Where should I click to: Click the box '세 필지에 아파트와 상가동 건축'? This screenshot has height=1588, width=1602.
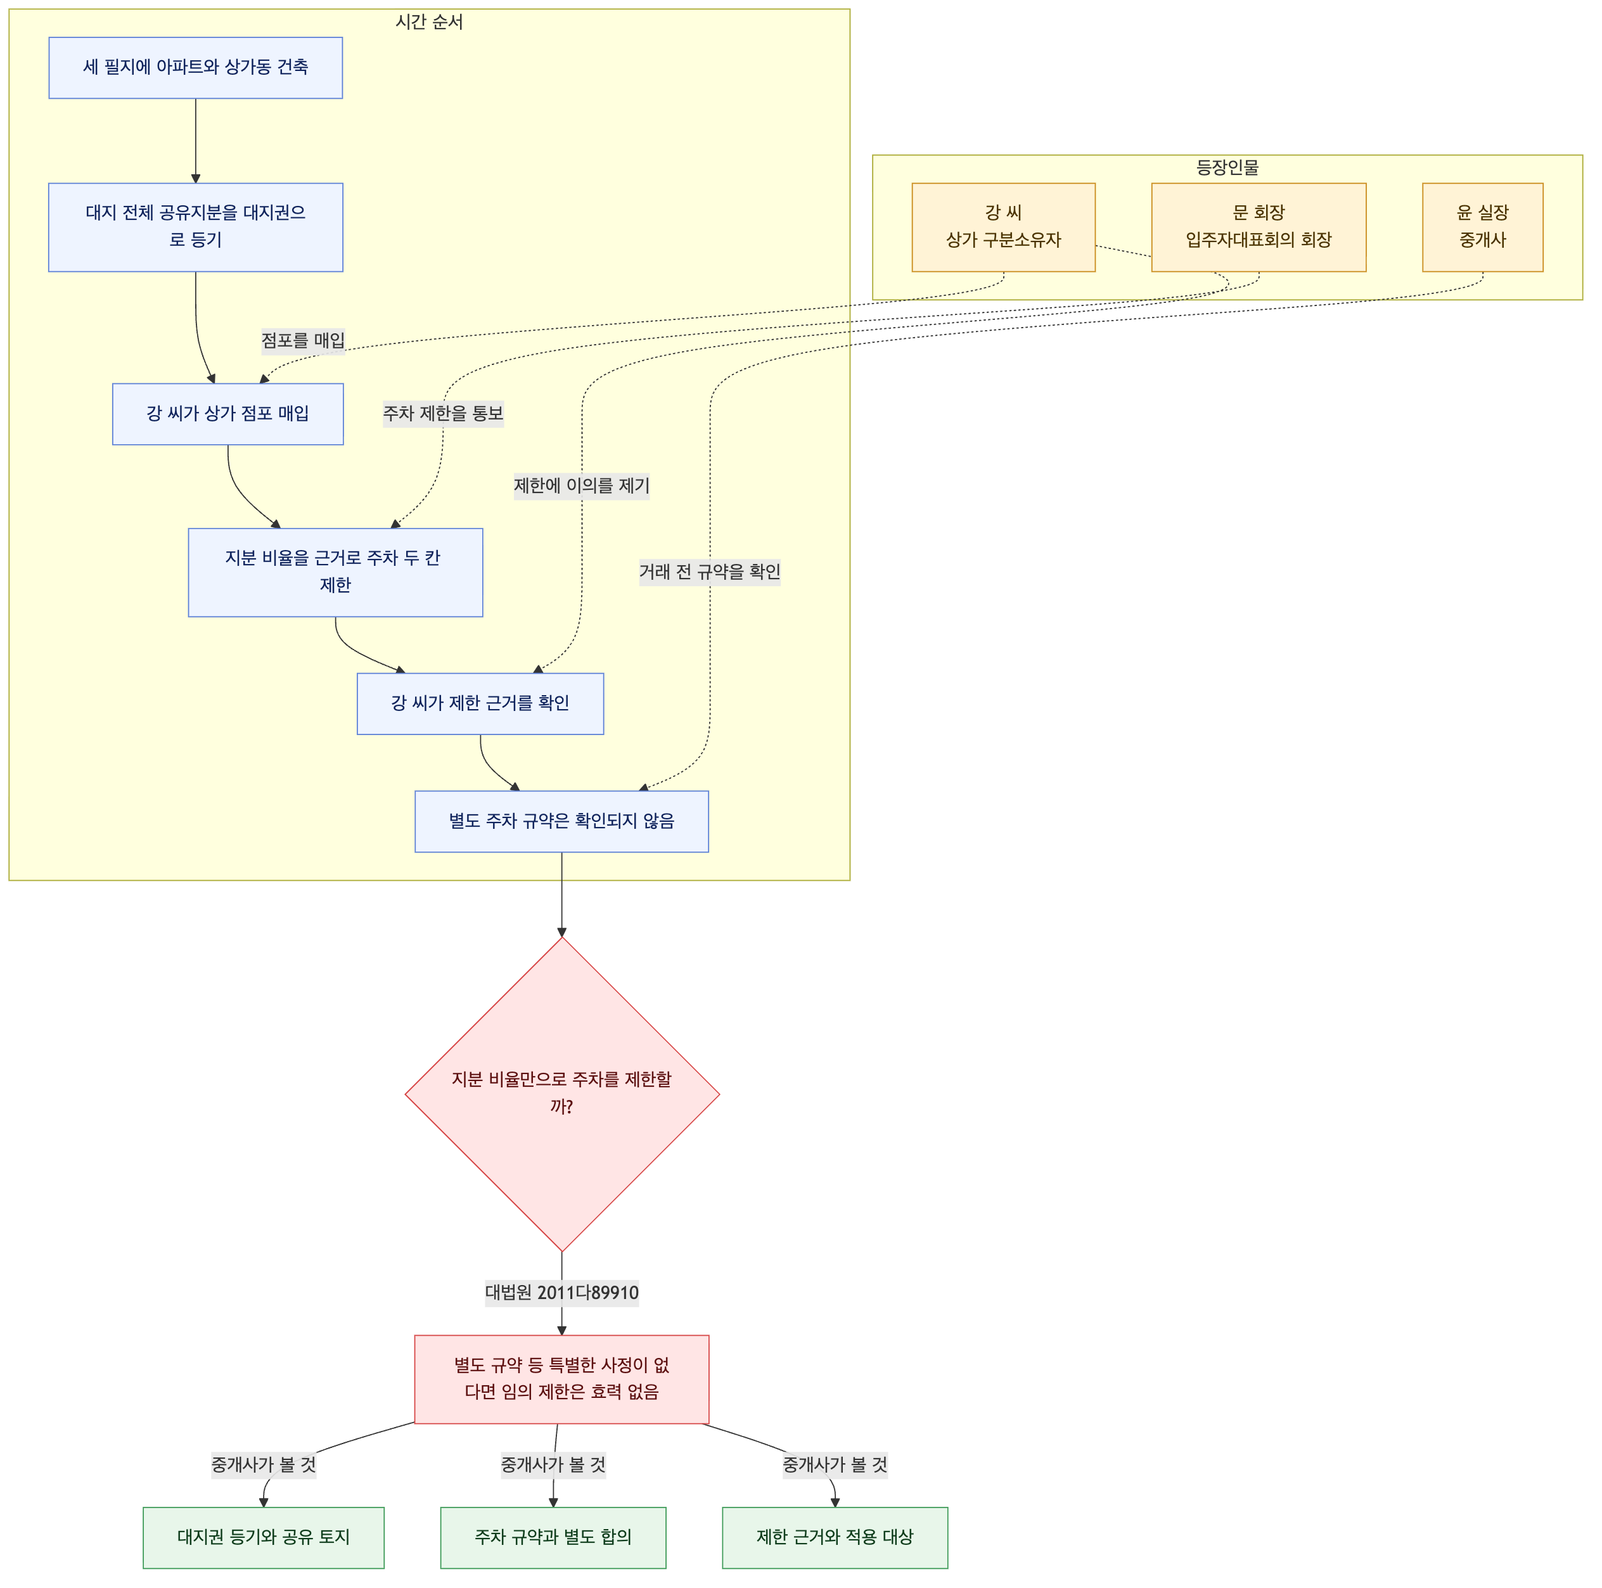pos(196,68)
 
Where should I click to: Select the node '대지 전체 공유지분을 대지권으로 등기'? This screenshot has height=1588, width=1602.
pos(196,227)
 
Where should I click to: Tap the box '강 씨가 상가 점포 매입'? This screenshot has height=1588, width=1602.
pos(228,414)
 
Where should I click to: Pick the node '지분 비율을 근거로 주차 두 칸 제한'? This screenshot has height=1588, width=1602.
pos(335,572)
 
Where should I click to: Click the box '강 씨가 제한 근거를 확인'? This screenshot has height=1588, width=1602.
pos(480,704)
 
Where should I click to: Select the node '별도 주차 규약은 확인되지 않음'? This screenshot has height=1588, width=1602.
pos(561,822)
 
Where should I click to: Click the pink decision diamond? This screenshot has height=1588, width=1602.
pos(562,1094)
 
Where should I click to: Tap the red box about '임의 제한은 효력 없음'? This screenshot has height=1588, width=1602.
pos(561,1379)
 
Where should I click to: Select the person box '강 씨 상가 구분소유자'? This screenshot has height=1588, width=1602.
pos(1003,227)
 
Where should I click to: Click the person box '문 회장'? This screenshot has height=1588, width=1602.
pos(1259,227)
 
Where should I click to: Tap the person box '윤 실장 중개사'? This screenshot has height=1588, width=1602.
pos(1483,227)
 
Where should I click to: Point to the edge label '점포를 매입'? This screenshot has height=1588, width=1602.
pos(304,341)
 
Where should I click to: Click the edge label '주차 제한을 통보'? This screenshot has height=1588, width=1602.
pos(443,414)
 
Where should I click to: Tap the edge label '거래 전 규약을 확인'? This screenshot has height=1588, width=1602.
pos(710,572)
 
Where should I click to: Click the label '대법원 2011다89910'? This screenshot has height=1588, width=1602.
pos(562,1293)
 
